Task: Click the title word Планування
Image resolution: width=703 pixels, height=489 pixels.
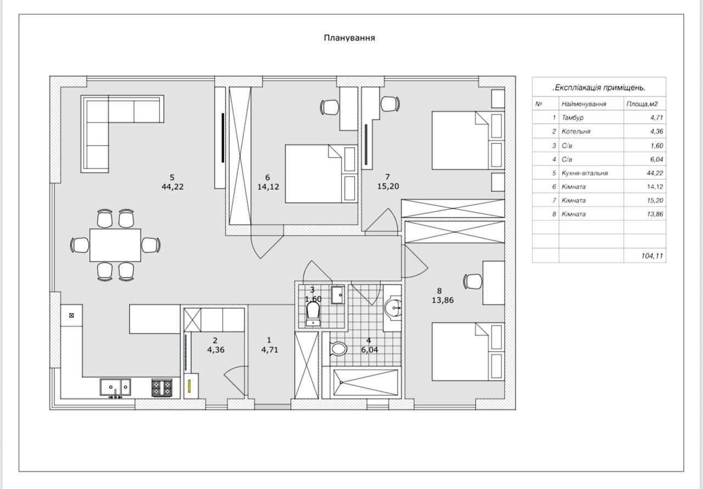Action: pyautogui.click(x=349, y=38)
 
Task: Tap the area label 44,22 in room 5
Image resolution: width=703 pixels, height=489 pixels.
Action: pyautogui.click(x=172, y=187)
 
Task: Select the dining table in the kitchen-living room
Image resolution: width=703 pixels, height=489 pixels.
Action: pyautogui.click(x=115, y=245)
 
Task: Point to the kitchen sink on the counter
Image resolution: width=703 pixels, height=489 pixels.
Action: pyautogui.click(x=115, y=387)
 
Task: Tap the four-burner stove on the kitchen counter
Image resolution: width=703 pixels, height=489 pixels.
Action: pyautogui.click(x=162, y=387)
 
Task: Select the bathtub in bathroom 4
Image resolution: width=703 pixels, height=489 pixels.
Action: pyautogui.click(x=366, y=382)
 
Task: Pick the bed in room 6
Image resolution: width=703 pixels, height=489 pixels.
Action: pyautogui.click(x=321, y=174)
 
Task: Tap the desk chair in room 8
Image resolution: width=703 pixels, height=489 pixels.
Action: pyautogui.click(x=473, y=281)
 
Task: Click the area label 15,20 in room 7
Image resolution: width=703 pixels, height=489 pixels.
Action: pyautogui.click(x=388, y=186)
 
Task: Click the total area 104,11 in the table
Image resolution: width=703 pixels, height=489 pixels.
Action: pyautogui.click(x=652, y=256)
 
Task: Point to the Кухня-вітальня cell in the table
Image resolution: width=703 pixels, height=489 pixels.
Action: pyautogui.click(x=585, y=173)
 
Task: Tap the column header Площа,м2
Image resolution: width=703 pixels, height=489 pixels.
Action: pyautogui.click(x=642, y=104)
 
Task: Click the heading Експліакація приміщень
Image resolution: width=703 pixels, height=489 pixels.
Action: pyautogui.click(x=599, y=87)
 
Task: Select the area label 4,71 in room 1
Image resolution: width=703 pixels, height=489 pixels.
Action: pyautogui.click(x=270, y=349)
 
